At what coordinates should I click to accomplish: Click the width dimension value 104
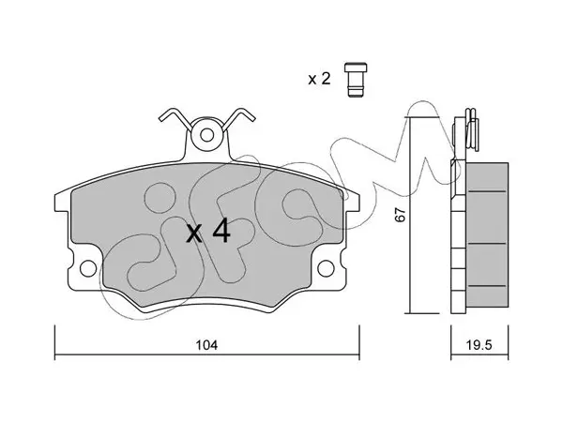[206, 345]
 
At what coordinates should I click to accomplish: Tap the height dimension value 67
[400, 214]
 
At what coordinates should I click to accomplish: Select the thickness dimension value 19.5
[479, 345]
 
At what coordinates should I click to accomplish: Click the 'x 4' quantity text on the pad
[208, 232]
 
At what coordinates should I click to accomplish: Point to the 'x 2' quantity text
[319, 79]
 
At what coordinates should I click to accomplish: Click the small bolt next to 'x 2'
[356, 80]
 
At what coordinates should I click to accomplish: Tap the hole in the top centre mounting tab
[206, 135]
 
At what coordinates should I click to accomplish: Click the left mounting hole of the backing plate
[88, 268]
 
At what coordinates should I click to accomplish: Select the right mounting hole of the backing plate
[326, 268]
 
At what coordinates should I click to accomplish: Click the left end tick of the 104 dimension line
[54, 342]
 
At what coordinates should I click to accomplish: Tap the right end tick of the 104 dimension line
[359, 342]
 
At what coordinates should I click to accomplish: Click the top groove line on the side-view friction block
[487, 191]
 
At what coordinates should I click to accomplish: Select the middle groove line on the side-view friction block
[487, 244]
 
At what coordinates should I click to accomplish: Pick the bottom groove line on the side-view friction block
[487, 286]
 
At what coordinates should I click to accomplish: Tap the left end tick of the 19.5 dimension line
[451, 342]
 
